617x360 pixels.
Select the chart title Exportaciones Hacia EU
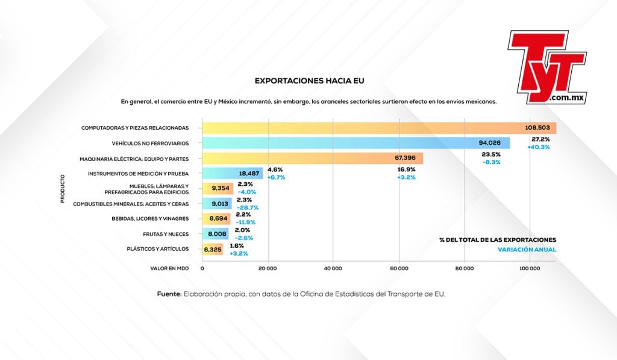coord(309,80)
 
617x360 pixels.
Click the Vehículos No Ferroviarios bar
coord(355,143)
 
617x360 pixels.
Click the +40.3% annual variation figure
coord(538,147)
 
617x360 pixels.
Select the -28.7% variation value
coord(248,207)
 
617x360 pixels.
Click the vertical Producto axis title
coord(63,189)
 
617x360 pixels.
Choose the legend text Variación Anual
coord(527,250)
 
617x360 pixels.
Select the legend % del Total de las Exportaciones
coord(498,240)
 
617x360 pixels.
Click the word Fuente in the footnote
coord(169,294)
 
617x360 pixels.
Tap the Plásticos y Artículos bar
coord(212,249)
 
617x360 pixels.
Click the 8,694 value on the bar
coord(217,219)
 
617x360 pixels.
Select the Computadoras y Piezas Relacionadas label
coord(134,128)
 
